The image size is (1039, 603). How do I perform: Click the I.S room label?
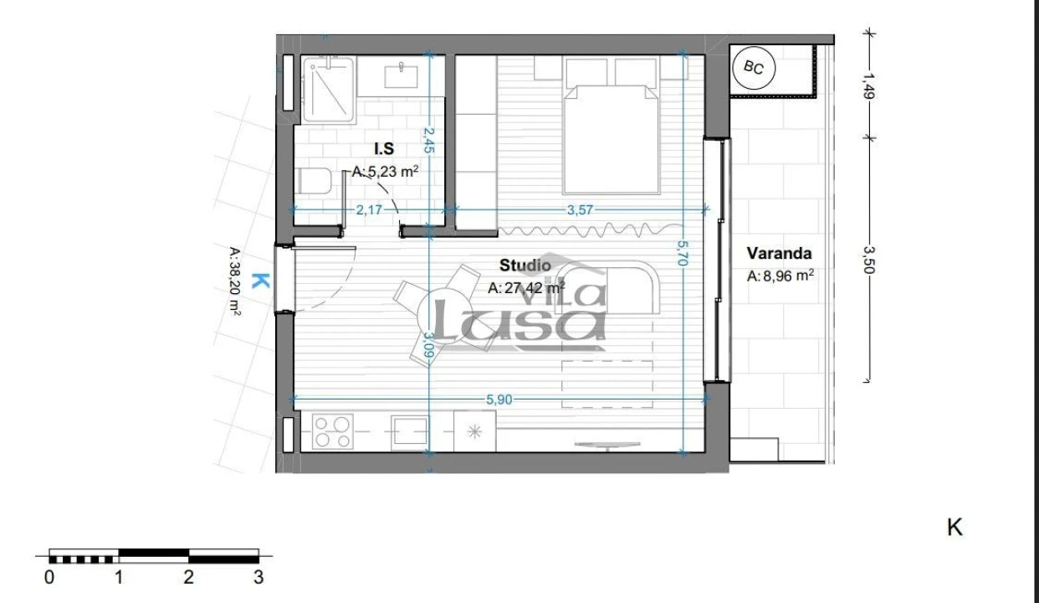384,149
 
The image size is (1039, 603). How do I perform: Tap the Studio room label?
519,265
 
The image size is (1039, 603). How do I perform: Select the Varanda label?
779,253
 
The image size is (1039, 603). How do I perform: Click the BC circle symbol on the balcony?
754,70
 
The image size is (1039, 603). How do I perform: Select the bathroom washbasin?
407,75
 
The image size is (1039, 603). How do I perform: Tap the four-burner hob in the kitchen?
332,432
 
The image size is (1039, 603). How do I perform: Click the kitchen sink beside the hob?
411,432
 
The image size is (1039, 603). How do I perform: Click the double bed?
611,134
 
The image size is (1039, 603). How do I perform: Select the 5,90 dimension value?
499,399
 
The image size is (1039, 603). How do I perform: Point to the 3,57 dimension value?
581,210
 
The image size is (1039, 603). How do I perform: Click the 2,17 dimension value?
369,210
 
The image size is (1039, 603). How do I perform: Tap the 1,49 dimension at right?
869,86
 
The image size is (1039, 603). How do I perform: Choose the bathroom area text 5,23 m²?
386,171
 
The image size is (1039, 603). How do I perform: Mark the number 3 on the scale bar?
258,577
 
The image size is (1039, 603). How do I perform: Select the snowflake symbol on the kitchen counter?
474,432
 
